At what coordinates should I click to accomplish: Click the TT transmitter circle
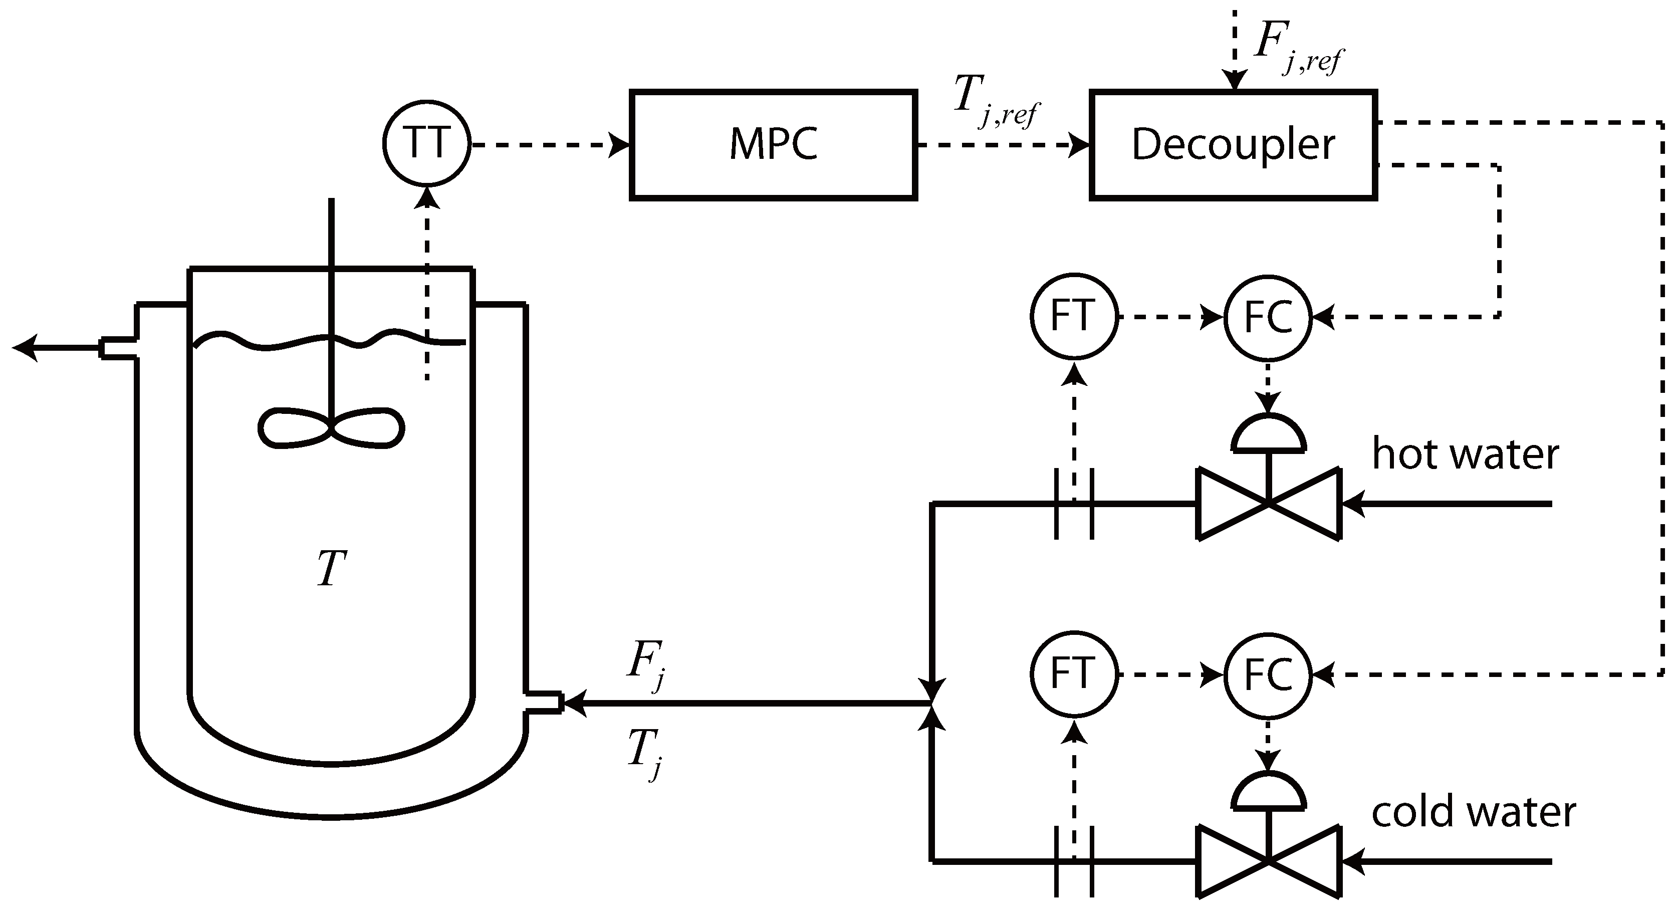point(426,143)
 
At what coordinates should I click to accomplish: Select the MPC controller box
point(774,144)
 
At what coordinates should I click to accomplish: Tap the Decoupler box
point(1233,144)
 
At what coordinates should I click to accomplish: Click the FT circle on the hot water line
point(1074,316)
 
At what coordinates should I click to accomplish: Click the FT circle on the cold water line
point(1074,673)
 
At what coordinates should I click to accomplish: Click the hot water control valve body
point(1268,503)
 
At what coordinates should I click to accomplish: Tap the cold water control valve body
point(1268,861)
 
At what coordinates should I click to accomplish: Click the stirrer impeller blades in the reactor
point(331,428)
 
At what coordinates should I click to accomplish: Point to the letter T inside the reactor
point(331,569)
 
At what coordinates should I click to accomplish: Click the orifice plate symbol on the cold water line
point(1074,861)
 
